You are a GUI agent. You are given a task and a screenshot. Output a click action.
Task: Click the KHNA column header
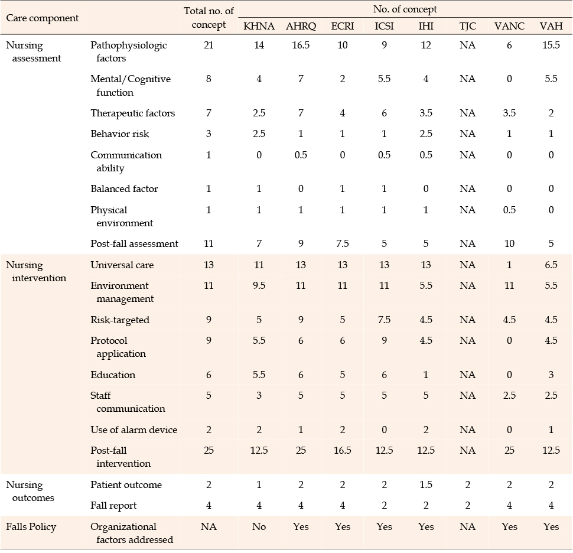[x=259, y=26]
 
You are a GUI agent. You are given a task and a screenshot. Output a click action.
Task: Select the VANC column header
[x=509, y=26]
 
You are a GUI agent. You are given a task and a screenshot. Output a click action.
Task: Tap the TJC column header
[x=467, y=26]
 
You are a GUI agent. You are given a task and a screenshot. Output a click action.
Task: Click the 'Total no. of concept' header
[x=209, y=18]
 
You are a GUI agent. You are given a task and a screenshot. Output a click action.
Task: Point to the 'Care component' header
[x=42, y=18]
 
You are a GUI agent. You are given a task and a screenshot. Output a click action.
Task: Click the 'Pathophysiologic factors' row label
[x=128, y=51]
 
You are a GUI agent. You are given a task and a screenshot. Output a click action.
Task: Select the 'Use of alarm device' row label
[x=134, y=430]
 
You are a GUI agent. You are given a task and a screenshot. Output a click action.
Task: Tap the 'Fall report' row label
[x=113, y=506]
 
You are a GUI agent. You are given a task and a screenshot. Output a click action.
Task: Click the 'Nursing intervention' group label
[x=36, y=271]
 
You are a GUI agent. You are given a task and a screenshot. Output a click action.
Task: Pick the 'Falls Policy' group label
[x=31, y=526]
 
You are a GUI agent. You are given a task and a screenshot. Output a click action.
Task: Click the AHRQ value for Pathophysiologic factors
[x=301, y=45]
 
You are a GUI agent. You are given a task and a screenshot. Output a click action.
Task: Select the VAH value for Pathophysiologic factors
[x=551, y=45]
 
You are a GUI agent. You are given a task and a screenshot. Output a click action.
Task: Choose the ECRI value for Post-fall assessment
[x=342, y=243]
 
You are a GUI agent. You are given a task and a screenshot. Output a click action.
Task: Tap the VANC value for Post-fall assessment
[x=509, y=243]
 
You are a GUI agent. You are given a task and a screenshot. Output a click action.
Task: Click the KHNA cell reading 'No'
[x=259, y=526]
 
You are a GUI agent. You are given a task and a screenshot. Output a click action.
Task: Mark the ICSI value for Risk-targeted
[x=384, y=320]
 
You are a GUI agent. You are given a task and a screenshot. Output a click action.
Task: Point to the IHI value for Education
[x=426, y=375]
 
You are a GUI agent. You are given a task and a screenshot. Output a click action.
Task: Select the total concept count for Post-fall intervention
[x=209, y=450]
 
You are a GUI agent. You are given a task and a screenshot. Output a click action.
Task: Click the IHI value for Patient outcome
[x=426, y=484]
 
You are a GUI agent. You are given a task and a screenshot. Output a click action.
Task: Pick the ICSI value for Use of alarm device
[x=384, y=430]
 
